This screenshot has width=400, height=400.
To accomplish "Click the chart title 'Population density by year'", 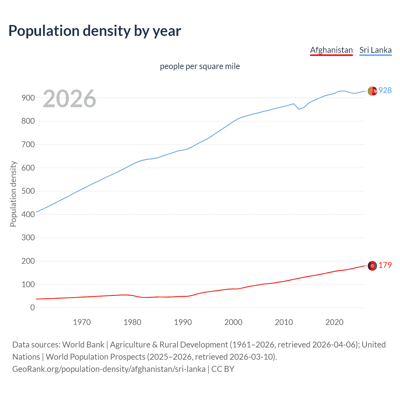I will (x=95, y=31).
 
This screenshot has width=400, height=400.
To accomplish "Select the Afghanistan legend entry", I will (x=331, y=50).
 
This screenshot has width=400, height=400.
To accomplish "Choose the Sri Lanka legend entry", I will (x=375, y=50).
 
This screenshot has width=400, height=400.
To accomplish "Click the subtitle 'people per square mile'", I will (x=200, y=67).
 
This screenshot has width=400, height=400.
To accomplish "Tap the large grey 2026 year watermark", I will (x=69, y=99).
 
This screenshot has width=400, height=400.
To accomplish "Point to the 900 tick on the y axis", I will (x=28, y=98).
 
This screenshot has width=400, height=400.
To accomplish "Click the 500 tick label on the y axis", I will (x=28, y=191).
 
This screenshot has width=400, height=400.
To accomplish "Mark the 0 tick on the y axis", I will (x=32, y=307).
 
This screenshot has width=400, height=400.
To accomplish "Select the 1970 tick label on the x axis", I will (x=82, y=322).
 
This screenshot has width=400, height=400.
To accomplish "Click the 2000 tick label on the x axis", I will (x=233, y=322).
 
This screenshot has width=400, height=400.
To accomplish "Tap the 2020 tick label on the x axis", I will (x=334, y=322).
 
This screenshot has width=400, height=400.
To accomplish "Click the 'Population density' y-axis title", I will (x=13, y=194).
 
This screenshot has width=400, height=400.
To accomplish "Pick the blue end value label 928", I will (x=385, y=91).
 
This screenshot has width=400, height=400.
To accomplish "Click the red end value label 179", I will (x=385, y=265).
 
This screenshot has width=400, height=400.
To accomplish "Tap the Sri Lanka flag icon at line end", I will (x=372, y=91).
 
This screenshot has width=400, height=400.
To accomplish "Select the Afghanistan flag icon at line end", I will (x=372, y=266).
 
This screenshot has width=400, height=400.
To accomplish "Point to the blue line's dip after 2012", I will (x=299, y=109).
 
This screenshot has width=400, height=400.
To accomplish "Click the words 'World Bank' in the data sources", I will (x=83, y=345).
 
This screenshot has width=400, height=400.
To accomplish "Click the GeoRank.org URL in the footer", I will (x=109, y=369).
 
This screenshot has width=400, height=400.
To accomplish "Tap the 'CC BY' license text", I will (x=223, y=369).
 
